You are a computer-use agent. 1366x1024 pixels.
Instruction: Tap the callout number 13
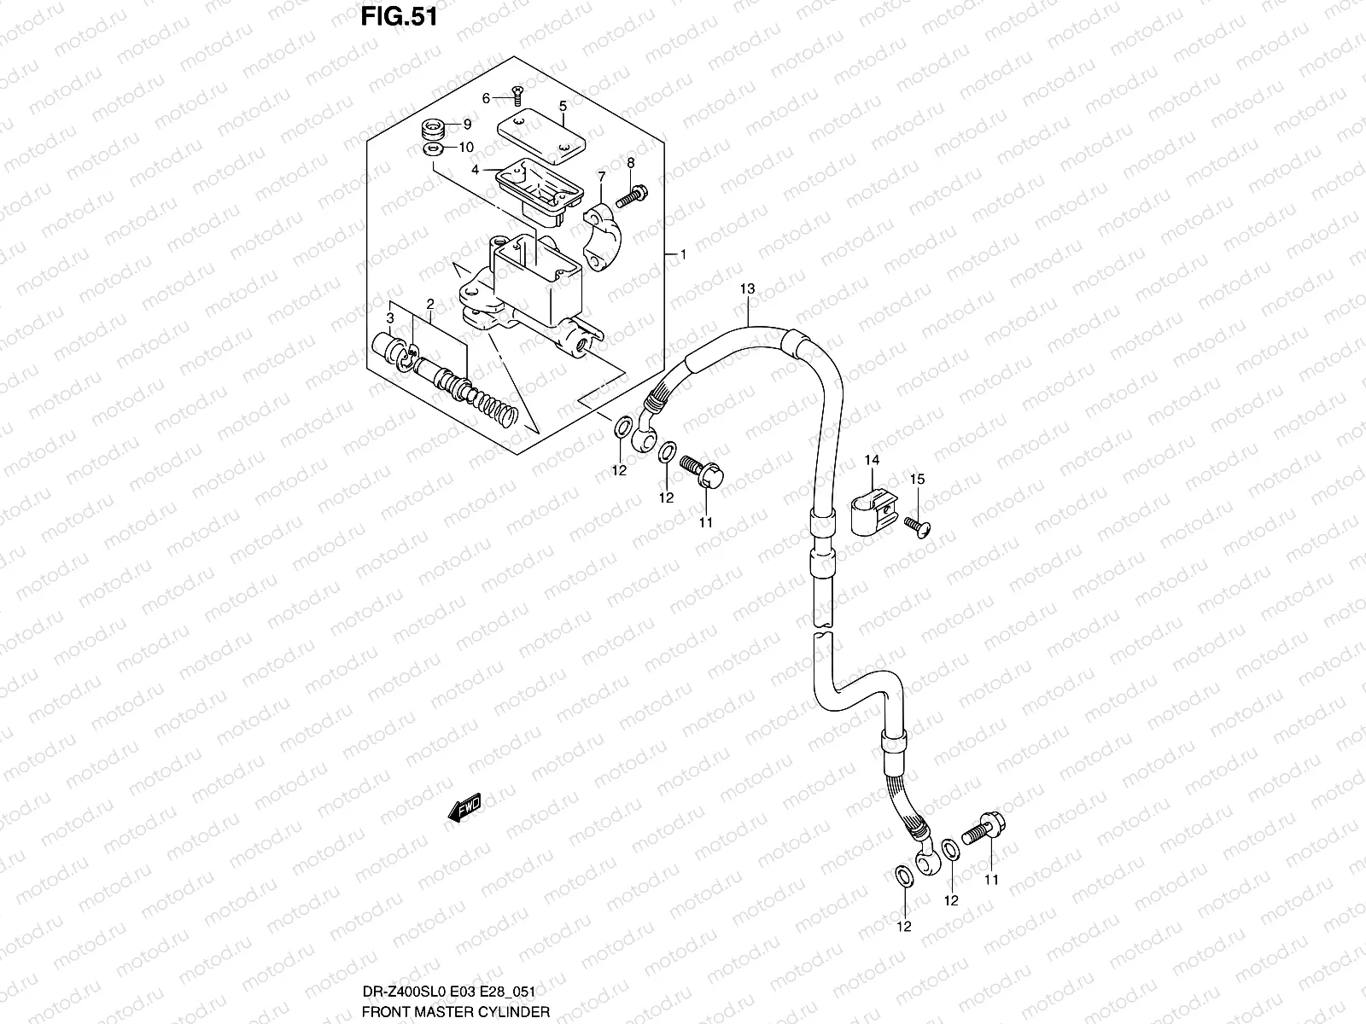pyautogui.click(x=747, y=290)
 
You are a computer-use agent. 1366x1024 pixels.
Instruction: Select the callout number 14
pyautogui.click(x=871, y=461)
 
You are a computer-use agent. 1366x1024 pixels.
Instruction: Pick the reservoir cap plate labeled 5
pyautogui.click(x=540, y=134)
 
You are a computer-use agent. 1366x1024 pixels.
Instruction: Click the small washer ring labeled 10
pyautogui.click(x=434, y=151)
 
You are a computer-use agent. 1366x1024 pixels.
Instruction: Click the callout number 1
pyautogui.click(x=682, y=254)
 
